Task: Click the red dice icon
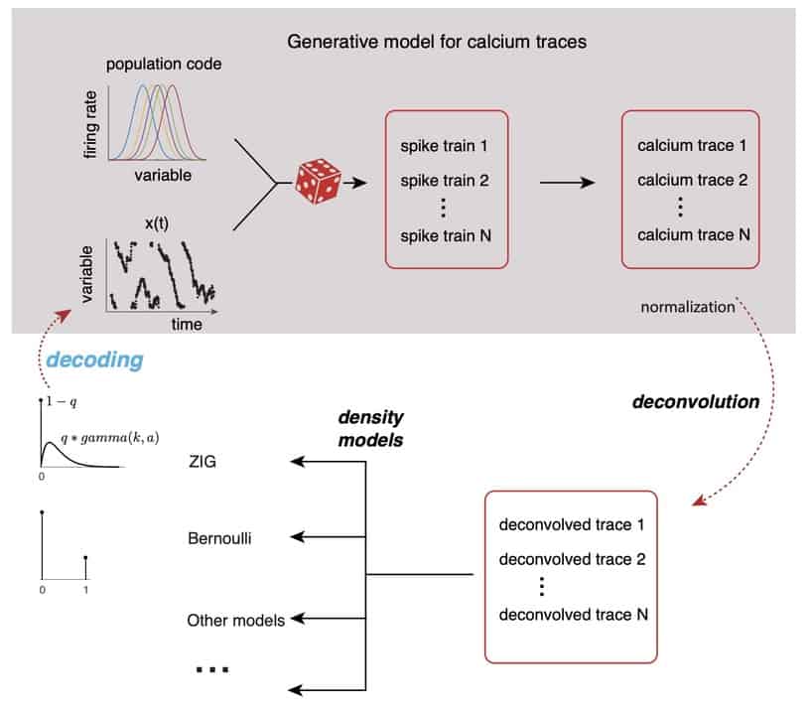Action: tap(317, 184)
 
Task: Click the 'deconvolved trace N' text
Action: tap(565, 615)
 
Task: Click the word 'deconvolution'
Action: tap(696, 402)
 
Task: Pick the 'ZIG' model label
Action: tap(202, 462)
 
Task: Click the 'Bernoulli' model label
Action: tap(217, 538)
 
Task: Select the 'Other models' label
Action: tap(236, 621)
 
